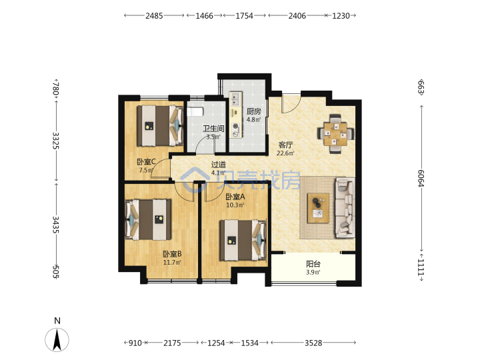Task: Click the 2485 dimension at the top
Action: (x=154, y=15)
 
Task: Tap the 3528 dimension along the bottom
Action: (x=313, y=343)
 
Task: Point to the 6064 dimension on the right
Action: (x=421, y=178)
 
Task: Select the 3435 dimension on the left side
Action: (x=56, y=225)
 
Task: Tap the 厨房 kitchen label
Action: (x=254, y=111)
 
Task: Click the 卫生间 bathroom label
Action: (x=213, y=129)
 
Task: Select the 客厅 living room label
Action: (x=285, y=145)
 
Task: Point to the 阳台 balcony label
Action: (x=313, y=264)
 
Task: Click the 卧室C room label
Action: (x=146, y=161)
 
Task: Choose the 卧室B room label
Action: (x=173, y=254)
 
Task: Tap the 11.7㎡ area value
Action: (x=172, y=263)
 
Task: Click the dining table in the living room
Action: (x=335, y=134)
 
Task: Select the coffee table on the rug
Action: (x=319, y=208)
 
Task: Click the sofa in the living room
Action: (x=345, y=207)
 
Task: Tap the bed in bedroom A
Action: (x=243, y=240)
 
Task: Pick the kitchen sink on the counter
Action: (x=235, y=99)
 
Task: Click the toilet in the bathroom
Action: (x=195, y=112)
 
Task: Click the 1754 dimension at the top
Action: (x=244, y=15)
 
